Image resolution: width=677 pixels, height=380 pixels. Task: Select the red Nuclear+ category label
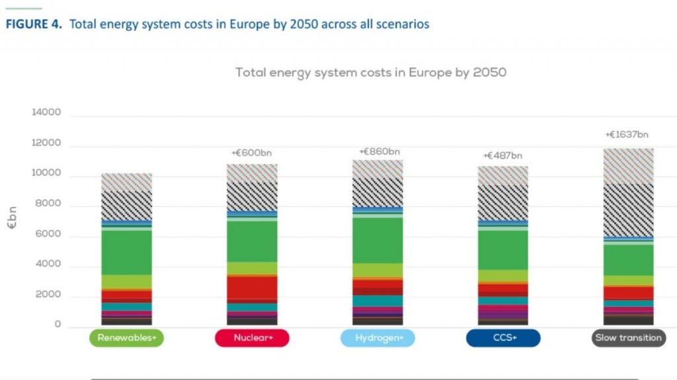[252, 338]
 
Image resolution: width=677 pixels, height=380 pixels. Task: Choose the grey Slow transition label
[627, 338]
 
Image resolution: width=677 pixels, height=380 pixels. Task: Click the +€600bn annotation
[251, 153]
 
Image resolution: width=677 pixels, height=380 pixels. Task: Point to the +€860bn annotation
[379, 151]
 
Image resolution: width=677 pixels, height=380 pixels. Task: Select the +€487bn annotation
[502, 156]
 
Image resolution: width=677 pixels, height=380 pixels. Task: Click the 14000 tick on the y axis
[46, 113]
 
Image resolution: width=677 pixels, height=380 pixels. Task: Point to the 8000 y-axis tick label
[48, 204]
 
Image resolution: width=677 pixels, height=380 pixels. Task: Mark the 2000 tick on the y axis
[48, 295]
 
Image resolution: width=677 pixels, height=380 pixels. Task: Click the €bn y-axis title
[13, 217]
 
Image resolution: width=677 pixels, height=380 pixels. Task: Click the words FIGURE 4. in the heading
[35, 24]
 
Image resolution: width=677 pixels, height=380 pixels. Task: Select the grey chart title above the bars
[371, 72]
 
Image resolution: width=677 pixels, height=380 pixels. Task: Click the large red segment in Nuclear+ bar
[252, 287]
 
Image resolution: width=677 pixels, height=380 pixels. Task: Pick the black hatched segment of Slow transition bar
[627, 209]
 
